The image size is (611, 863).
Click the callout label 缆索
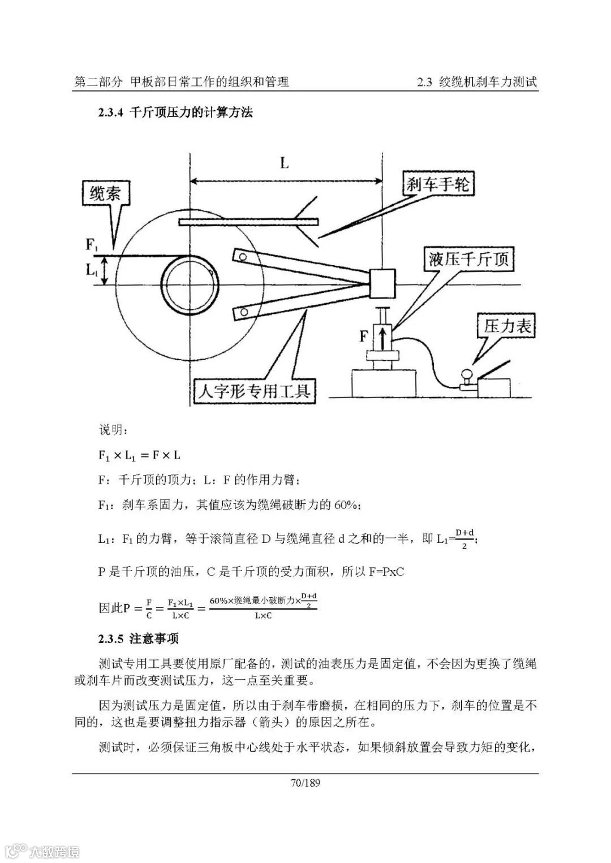pyautogui.click(x=105, y=194)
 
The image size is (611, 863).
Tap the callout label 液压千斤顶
pyautogui.click(x=469, y=260)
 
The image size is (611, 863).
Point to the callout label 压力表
pyautogui.click(x=508, y=326)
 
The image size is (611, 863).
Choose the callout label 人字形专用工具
pyautogui.click(x=255, y=391)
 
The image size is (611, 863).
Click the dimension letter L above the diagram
pyautogui.click(x=284, y=164)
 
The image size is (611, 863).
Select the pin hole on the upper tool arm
pyautogui.click(x=243, y=257)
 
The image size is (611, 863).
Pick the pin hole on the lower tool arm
pyautogui.click(x=243, y=311)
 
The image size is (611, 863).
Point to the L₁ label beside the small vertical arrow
pyautogui.click(x=92, y=270)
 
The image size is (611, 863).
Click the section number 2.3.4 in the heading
pyautogui.click(x=110, y=113)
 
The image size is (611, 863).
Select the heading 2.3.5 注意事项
pyautogui.click(x=138, y=639)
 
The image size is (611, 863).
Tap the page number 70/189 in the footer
pyautogui.click(x=305, y=783)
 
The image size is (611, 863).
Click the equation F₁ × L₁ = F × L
pyautogui.click(x=139, y=455)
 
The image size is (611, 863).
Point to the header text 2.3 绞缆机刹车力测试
pyautogui.click(x=477, y=82)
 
